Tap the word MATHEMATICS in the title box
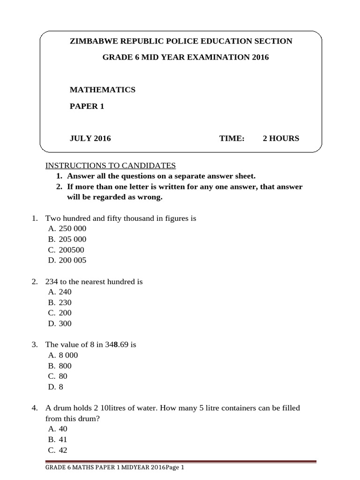(x=102, y=90)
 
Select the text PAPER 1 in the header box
(x=87, y=106)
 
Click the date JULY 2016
(x=90, y=138)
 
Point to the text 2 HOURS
(x=280, y=138)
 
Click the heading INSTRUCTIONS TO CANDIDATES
(x=110, y=165)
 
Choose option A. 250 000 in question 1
(x=67, y=229)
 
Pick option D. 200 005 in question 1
(x=67, y=260)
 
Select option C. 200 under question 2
(x=60, y=313)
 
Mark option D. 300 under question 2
(x=60, y=323)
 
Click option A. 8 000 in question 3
(x=63, y=355)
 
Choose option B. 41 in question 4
(x=58, y=440)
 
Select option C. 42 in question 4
(x=58, y=450)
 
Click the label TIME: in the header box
(x=232, y=138)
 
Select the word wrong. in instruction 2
(x=151, y=197)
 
